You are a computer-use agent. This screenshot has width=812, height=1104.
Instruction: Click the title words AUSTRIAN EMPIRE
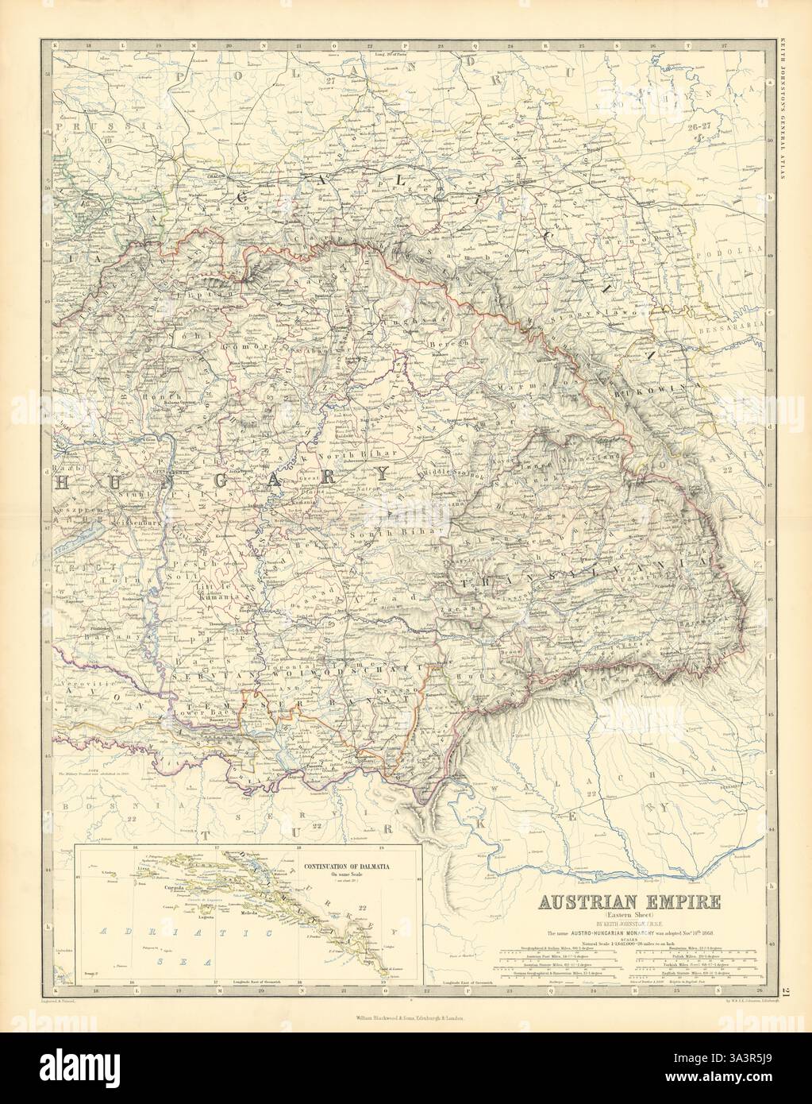click(x=630, y=901)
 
